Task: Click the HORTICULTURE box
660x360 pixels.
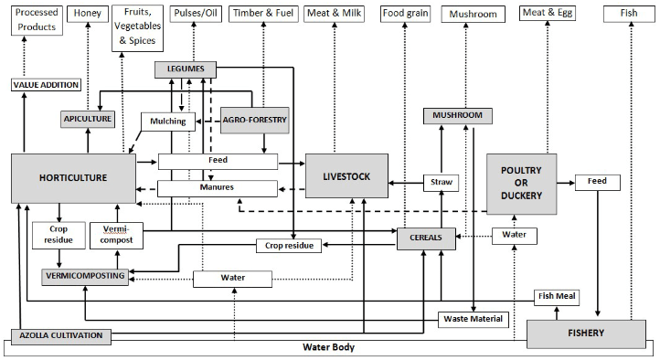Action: point(72,178)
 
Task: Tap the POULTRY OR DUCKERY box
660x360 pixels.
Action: point(520,183)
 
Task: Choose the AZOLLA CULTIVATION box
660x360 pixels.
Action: point(62,335)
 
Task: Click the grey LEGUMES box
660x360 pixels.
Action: point(186,69)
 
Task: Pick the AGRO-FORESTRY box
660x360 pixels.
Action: point(254,119)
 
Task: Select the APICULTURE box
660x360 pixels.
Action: point(88,119)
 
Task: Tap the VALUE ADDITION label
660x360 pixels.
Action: point(46,85)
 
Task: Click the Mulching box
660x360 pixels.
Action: point(166,121)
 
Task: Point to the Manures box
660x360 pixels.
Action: point(218,188)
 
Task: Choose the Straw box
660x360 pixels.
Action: point(441,183)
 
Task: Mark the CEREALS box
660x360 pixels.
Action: point(426,238)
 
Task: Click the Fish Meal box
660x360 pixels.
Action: point(558,298)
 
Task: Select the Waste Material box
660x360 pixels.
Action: point(473,319)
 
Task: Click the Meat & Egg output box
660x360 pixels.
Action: point(548,13)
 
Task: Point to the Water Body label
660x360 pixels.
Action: point(329,348)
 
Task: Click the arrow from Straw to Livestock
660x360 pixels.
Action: point(404,183)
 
